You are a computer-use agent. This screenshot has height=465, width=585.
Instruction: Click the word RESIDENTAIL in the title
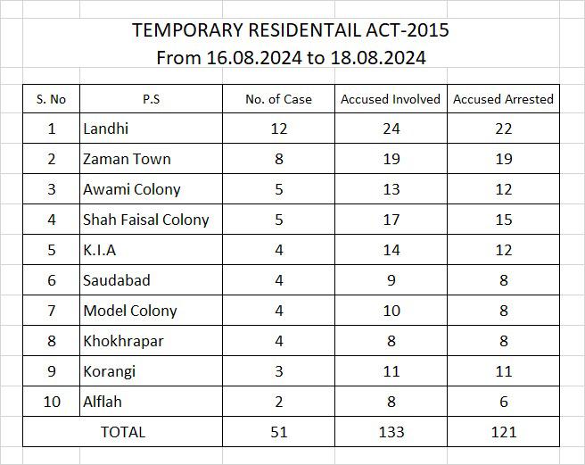304,29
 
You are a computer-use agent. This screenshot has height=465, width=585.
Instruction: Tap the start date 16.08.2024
253,58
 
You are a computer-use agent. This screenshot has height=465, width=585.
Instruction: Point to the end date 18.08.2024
378,58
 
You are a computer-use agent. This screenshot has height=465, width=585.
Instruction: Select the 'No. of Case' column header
279,99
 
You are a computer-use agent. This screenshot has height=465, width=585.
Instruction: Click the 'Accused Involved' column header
391,99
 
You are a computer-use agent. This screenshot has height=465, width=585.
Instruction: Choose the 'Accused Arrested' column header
503,99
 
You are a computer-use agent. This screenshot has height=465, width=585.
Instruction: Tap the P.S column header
151,99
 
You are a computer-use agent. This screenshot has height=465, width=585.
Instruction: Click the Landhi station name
105,129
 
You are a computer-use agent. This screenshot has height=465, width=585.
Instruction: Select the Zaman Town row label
127,159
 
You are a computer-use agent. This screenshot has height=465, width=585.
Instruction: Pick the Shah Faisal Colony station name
146,220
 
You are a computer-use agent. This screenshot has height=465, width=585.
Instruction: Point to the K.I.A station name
99,250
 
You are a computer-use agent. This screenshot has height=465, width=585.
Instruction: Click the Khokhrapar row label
123,341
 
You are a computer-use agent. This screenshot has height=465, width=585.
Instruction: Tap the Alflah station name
103,402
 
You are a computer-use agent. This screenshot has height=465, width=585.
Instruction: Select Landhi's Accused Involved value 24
391,129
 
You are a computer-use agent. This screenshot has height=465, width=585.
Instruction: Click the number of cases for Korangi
279,371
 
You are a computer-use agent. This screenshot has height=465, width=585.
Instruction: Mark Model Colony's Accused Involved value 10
391,311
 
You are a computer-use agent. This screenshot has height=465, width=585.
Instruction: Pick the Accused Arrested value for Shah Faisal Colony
504,220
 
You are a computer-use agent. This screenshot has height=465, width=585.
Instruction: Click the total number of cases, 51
279,432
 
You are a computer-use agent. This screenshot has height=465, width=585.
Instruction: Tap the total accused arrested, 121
504,432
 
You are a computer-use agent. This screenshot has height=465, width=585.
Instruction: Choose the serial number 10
52,402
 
